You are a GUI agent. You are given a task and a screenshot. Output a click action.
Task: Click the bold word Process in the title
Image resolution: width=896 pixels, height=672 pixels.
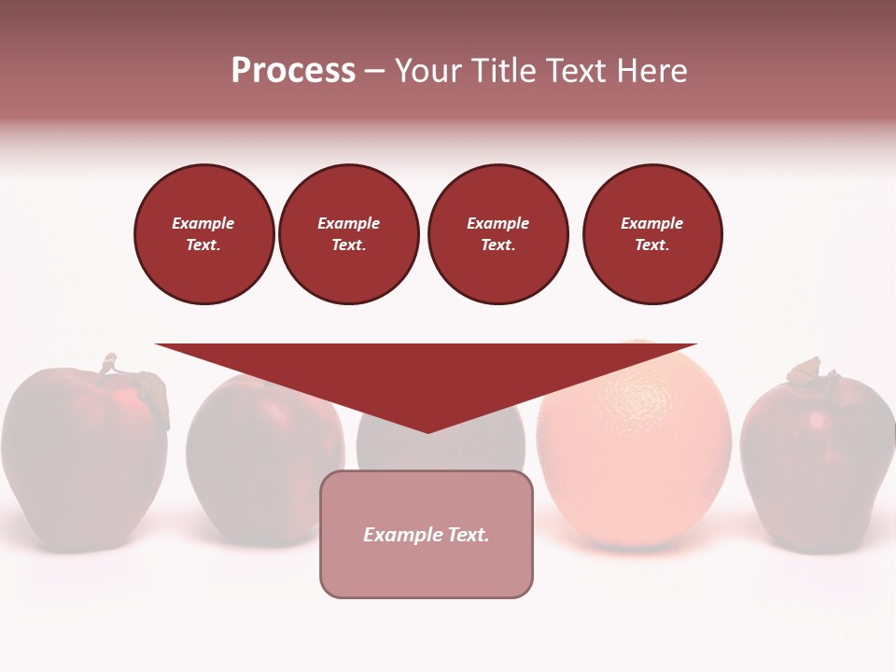tap(293, 71)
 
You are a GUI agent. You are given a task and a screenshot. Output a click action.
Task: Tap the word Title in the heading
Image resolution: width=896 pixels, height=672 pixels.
tap(506, 71)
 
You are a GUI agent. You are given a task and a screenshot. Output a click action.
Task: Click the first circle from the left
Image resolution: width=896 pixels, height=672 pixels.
tap(204, 234)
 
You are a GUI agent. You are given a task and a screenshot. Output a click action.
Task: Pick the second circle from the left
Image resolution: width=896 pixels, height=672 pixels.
tap(349, 234)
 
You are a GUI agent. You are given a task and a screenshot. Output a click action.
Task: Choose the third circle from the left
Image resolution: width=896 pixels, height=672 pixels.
tap(498, 234)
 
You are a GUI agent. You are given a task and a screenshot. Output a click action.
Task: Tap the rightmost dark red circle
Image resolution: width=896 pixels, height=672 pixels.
tap(652, 234)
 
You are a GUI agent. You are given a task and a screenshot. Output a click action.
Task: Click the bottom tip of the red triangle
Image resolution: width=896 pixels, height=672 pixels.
tap(427, 430)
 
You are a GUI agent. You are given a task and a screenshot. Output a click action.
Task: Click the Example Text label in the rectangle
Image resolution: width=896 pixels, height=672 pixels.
tap(427, 535)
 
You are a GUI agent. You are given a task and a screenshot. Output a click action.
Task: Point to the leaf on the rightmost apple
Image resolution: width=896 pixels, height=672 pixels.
tap(805, 371)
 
